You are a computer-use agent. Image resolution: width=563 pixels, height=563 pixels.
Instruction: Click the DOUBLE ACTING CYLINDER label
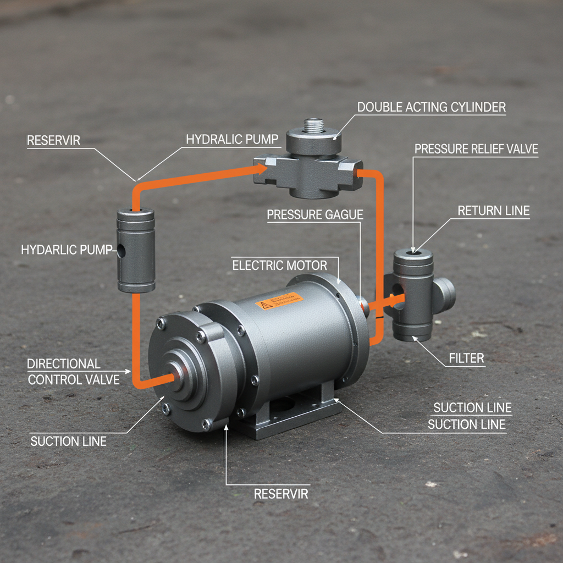point(432,107)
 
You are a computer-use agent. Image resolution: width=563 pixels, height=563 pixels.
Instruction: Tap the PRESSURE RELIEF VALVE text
point(476,149)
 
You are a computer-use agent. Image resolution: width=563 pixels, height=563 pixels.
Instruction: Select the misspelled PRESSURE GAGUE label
point(315,214)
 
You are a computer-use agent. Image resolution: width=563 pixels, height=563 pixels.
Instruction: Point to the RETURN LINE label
point(493,210)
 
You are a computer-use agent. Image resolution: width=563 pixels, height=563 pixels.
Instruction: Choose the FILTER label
point(466,358)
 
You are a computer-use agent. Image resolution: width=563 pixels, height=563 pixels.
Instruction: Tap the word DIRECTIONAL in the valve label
point(64,363)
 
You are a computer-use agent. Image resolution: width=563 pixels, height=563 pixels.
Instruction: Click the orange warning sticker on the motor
point(279,300)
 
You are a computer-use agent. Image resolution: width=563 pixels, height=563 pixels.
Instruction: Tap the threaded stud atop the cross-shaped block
point(314,125)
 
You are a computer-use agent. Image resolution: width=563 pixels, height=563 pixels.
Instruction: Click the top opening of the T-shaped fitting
point(413,253)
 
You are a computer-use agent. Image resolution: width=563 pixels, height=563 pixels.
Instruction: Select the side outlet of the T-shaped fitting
point(445,293)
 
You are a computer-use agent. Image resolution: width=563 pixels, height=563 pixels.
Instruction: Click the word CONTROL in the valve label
point(60,379)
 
